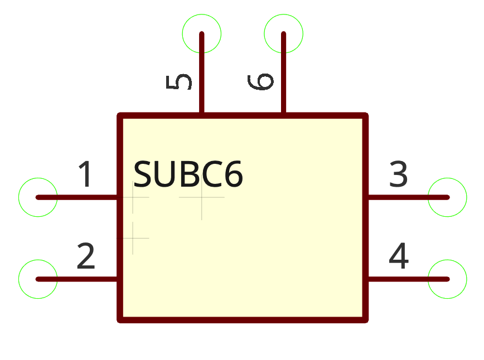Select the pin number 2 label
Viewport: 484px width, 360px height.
point(86,256)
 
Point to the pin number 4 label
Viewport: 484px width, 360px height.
point(399,256)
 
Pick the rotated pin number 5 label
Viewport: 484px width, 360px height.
point(180,82)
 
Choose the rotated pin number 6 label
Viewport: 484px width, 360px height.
point(261,81)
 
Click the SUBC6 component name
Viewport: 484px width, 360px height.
point(188,175)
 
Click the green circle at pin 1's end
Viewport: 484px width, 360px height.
point(38,197)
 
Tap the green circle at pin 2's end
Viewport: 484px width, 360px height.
point(38,279)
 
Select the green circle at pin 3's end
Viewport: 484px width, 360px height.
point(447,197)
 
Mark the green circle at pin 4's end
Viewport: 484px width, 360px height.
point(447,279)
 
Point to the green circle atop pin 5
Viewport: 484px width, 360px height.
point(202,34)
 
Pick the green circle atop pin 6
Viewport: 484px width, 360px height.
point(283,34)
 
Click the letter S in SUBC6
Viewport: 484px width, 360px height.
point(143,175)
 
